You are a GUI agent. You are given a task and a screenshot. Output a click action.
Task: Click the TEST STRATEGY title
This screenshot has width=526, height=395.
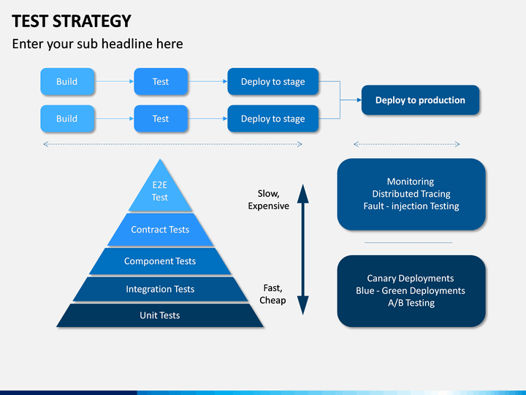click(x=72, y=21)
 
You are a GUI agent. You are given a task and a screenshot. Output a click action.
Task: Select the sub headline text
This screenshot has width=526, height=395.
click(x=97, y=44)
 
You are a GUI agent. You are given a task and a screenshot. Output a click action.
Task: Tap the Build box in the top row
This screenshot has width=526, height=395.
click(x=67, y=82)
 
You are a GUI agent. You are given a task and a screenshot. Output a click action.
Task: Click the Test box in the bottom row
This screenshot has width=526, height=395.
click(x=161, y=118)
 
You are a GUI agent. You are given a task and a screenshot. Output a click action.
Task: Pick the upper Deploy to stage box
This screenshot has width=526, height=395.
click(x=272, y=82)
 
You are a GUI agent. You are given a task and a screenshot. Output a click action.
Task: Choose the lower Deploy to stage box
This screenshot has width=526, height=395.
click(x=272, y=118)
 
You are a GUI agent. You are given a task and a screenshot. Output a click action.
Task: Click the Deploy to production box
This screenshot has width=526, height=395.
click(x=420, y=100)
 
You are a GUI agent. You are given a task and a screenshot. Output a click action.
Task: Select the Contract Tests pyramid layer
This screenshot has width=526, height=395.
click(x=160, y=230)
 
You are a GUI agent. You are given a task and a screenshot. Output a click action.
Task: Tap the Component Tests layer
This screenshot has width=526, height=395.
click(x=160, y=261)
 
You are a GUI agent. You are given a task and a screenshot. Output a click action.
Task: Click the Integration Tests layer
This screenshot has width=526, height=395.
click(x=160, y=289)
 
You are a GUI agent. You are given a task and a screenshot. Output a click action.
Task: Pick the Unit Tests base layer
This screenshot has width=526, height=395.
click(x=160, y=315)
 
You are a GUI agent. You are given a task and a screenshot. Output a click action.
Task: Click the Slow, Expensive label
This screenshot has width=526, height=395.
click(x=268, y=200)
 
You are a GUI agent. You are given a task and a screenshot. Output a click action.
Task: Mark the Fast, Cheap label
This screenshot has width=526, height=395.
click(x=272, y=294)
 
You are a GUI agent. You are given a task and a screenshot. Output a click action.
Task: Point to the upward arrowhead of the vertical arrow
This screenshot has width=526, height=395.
click(x=303, y=194)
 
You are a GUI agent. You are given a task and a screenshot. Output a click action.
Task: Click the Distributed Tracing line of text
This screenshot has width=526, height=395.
click(x=411, y=194)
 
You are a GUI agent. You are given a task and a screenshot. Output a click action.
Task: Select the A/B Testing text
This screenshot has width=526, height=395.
click(x=411, y=303)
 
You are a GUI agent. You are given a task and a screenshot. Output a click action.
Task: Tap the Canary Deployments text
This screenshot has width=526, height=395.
click(x=411, y=279)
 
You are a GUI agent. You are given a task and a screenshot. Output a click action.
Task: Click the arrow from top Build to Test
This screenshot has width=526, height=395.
click(x=114, y=81)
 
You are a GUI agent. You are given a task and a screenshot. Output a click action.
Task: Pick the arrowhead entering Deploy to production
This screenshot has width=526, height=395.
click(x=359, y=99)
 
